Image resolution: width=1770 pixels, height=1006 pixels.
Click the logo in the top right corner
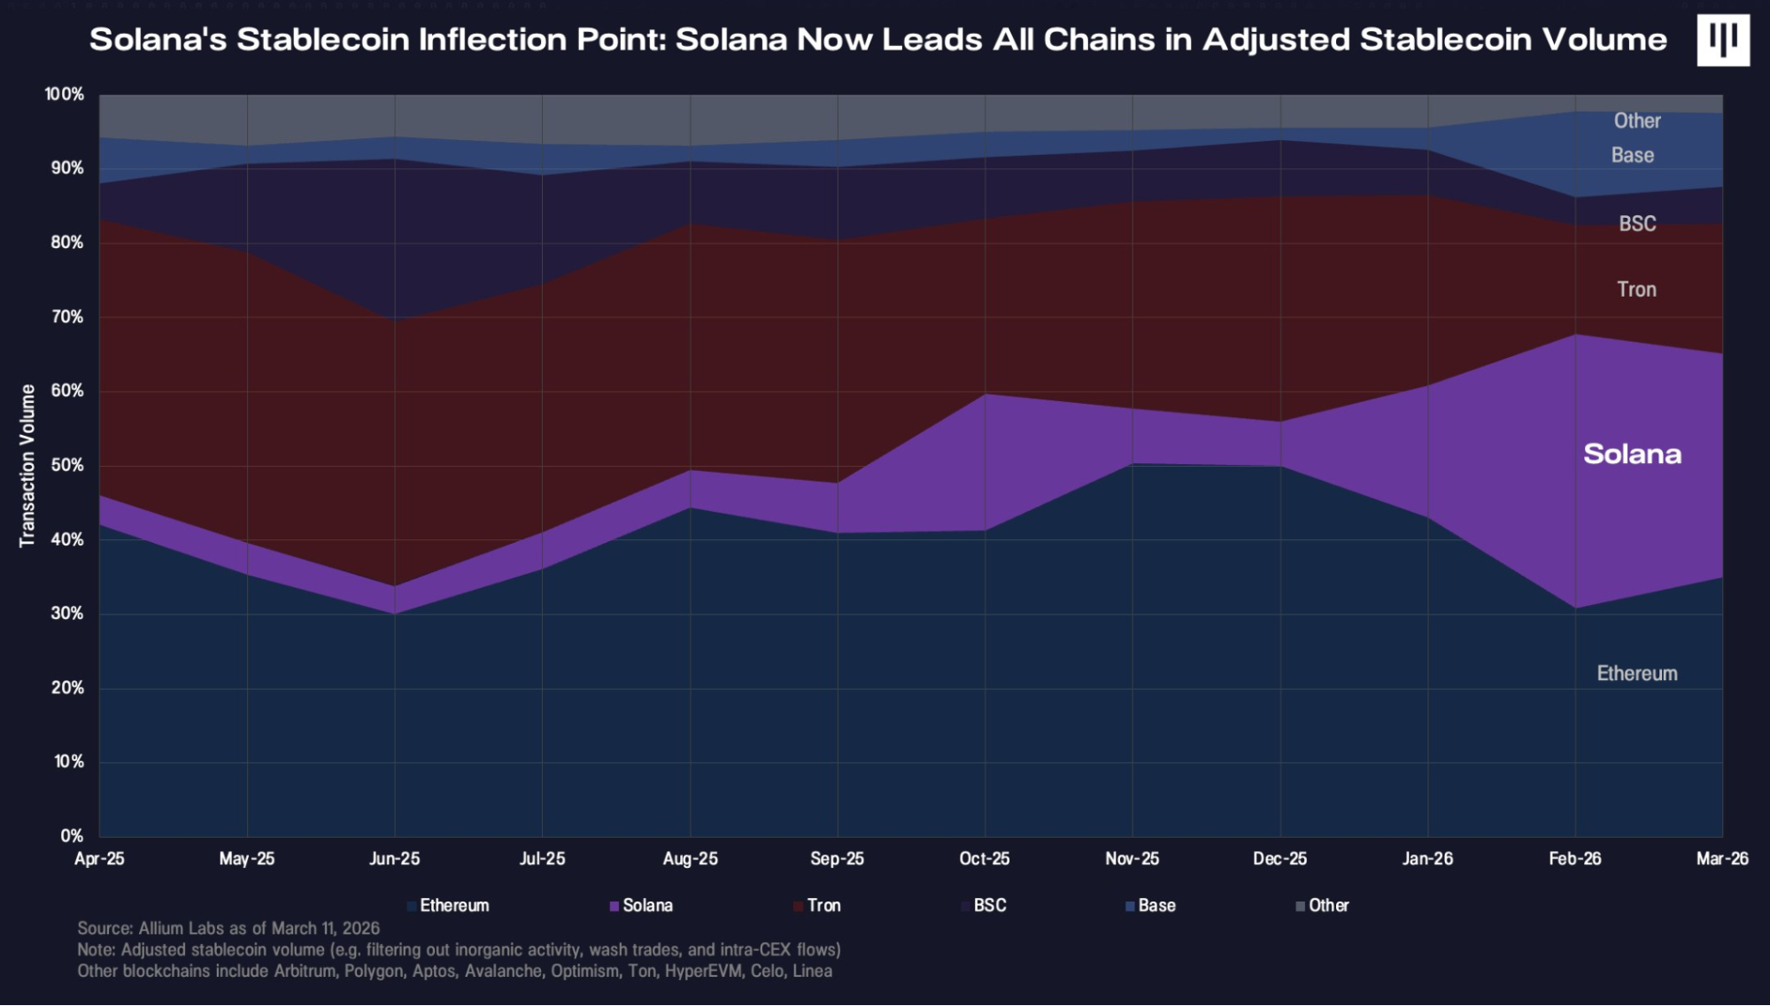[x=1722, y=40]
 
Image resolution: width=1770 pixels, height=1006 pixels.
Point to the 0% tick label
[x=72, y=836]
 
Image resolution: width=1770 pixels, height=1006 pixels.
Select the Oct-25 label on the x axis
[x=985, y=859]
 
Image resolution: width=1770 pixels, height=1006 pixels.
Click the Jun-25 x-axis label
[x=395, y=859]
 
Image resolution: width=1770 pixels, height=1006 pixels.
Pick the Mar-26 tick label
[x=1722, y=859]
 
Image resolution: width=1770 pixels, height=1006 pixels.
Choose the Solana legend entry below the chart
[x=647, y=906]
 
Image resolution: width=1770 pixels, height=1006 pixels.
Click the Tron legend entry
[x=823, y=906]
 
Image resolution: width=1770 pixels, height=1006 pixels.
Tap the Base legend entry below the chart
[x=1156, y=906]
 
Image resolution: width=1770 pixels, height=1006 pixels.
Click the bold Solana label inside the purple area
[x=1632, y=454]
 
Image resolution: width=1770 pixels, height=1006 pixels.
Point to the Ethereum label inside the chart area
[x=1637, y=674]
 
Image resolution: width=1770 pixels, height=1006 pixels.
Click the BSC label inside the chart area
[x=1637, y=224]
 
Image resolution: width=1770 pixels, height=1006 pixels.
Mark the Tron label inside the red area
[x=1636, y=290]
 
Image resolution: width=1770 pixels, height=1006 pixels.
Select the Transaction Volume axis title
[x=27, y=466]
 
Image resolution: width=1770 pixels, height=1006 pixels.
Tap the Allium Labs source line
[x=228, y=928]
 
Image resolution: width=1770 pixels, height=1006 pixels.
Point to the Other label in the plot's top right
[x=1637, y=121]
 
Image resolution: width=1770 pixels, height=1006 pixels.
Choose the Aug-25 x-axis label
[x=691, y=859]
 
